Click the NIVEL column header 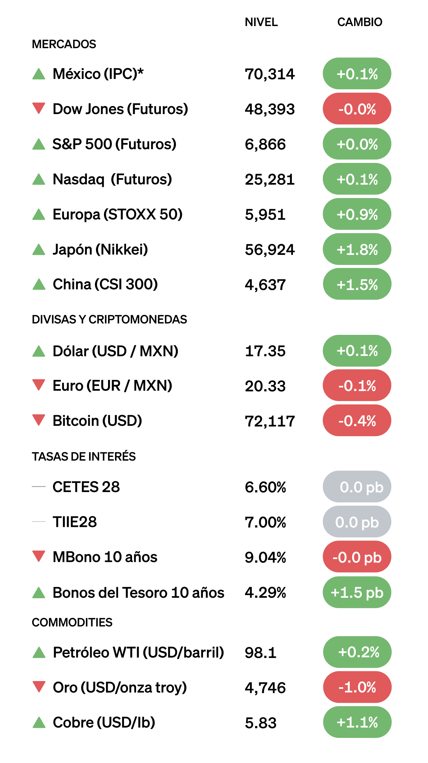(x=261, y=22)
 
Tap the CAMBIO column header (x=359, y=22)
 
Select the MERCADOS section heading (x=64, y=44)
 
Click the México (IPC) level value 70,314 (x=270, y=74)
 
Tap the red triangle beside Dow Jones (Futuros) (x=39, y=108)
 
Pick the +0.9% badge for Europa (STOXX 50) (x=357, y=214)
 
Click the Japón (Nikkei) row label (x=100, y=250)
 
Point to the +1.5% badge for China (x=357, y=284)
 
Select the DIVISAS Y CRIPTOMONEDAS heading (x=109, y=319)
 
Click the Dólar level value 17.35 (x=265, y=351)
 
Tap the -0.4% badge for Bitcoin (x=357, y=421)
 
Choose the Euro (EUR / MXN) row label (x=112, y=386)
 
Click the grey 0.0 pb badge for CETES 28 (x=357, y=487)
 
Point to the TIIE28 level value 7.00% (x=265, y=522)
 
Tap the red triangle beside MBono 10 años (x=39, y=556)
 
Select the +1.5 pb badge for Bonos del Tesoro (x=357, y=592)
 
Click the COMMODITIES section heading (x=72, y=623)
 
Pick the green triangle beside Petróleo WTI (x=39, y=653)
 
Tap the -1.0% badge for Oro (x=357, y=687)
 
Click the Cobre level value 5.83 (x=260, y=723)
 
